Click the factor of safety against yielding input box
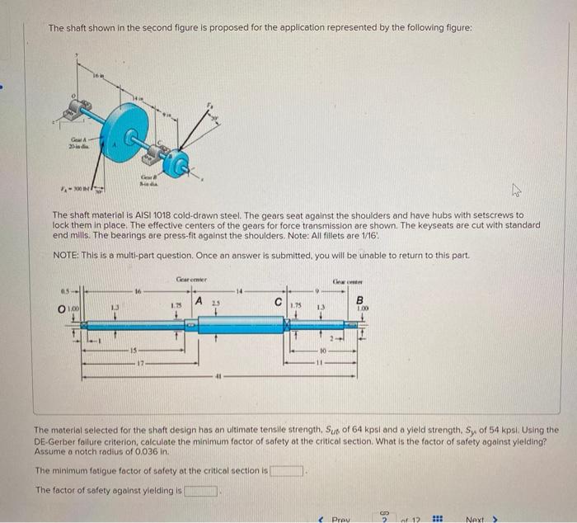[x=201, y=491]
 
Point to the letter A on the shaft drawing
[x=199, y=302]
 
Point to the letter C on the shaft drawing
[x=278, y=304]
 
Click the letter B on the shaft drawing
[x=359, y=300]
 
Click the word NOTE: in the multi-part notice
[x=64, y=255]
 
